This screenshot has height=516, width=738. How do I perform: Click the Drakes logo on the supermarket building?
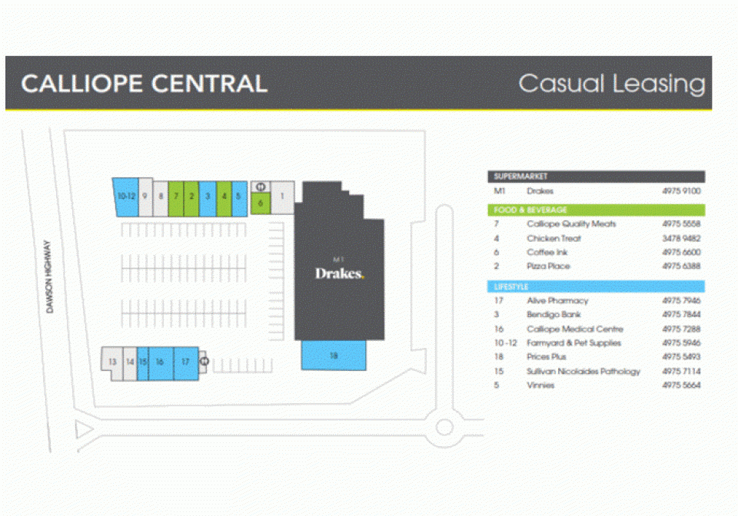(x=339, y=273)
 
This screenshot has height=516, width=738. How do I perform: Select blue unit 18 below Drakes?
(x=334, y=356)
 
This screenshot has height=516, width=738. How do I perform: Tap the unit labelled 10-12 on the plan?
(x=126, y=197)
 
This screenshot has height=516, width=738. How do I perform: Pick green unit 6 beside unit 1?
(x=261, y=203)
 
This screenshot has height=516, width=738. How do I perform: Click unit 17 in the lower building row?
(x=185, y=362)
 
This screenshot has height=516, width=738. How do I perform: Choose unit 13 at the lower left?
(x=112, y=362)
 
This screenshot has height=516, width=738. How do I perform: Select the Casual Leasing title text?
(x=611, y=84)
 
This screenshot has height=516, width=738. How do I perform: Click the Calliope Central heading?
(x=145, y=84)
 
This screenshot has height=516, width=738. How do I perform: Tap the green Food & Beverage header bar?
(x=596, y=210)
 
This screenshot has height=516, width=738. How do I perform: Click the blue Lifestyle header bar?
(x=596, y=286)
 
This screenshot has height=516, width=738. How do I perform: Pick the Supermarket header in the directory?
(x=596, y=177)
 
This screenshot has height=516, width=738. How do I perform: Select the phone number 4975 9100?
(x=681, y=191)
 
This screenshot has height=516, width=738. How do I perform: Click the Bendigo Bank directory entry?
(x=553, y=315)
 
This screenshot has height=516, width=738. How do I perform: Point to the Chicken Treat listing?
(x=553, y=238)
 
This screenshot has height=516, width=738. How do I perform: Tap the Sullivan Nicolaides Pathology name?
(x=583, y=372)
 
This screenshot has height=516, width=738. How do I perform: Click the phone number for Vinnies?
(x=681, y=385)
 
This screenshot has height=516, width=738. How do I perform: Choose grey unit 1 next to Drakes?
(x=283, y=197)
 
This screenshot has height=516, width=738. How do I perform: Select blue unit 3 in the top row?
(x=208, y=197)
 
